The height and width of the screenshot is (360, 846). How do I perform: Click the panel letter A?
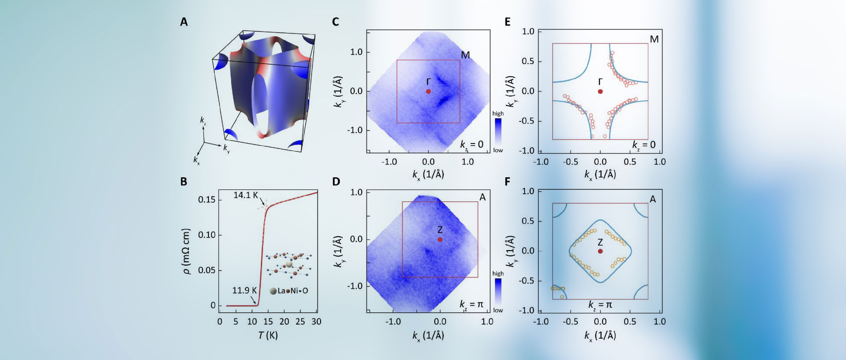pyautogui.click(x=184, y=22)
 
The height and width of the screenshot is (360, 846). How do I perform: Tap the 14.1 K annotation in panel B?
pyautogui.click(x=246, y=195)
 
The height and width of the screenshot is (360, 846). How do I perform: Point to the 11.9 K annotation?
pyautogui.click(x=244, y=290)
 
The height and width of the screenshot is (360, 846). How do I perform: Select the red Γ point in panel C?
pyautogui.click(x=428, y=91)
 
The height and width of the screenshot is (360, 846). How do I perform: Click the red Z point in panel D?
pyautogui.click(x=440, y=240)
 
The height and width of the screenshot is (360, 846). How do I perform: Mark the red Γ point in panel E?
pyautogui.click(x=600, y=91)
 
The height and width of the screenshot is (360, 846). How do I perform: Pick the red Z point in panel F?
pyautogui.click(x=600, y=251)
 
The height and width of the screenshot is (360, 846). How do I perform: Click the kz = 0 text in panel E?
pyautogui.click(x=644, y=145)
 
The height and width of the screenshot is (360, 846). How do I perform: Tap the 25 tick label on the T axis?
pyautogui.click(x=300, y=322)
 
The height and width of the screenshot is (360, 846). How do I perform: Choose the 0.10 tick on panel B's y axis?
pyautogui.click(x=207, y=235)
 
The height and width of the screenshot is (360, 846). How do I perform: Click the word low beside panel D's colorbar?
pyautogui.click(x=498, y=310)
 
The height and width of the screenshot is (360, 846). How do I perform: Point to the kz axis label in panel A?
pyautogui.click(x=203, y=120)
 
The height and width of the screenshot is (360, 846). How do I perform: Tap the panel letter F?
pyautogui.click(x=507, y=182)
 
